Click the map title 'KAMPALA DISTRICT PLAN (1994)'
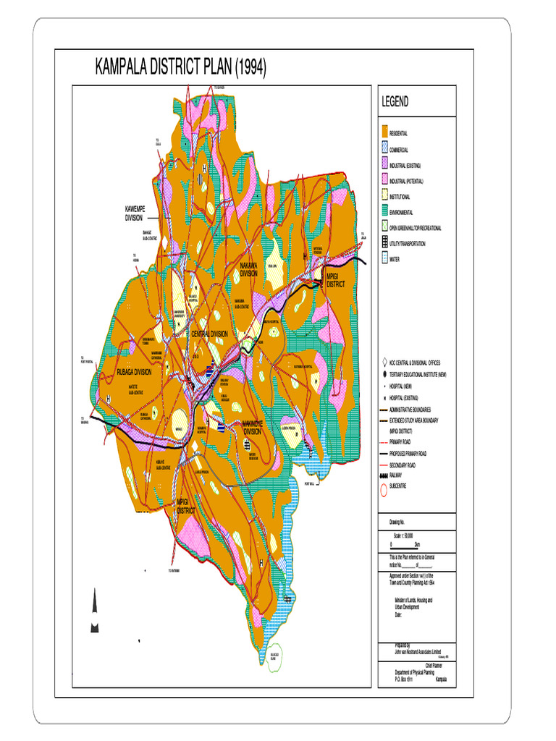181,68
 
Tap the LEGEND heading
395,102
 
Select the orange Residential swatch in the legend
384,132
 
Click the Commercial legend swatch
384,148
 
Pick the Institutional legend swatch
384,195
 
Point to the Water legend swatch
384,258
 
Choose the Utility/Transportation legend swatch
384,242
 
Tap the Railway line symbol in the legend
384,475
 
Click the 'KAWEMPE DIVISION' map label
135,213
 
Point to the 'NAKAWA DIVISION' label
249,270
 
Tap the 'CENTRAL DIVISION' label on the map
209,334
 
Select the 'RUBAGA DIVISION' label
134,372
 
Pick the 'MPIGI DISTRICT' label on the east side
336,281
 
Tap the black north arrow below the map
94,612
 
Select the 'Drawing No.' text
397,520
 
